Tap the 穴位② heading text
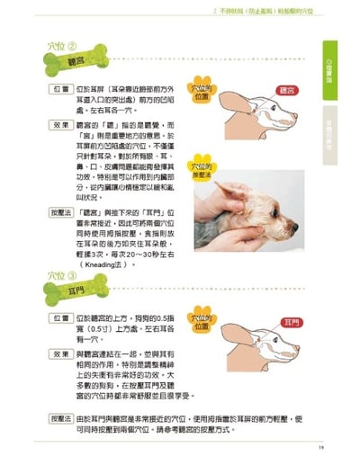coord(60,46)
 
